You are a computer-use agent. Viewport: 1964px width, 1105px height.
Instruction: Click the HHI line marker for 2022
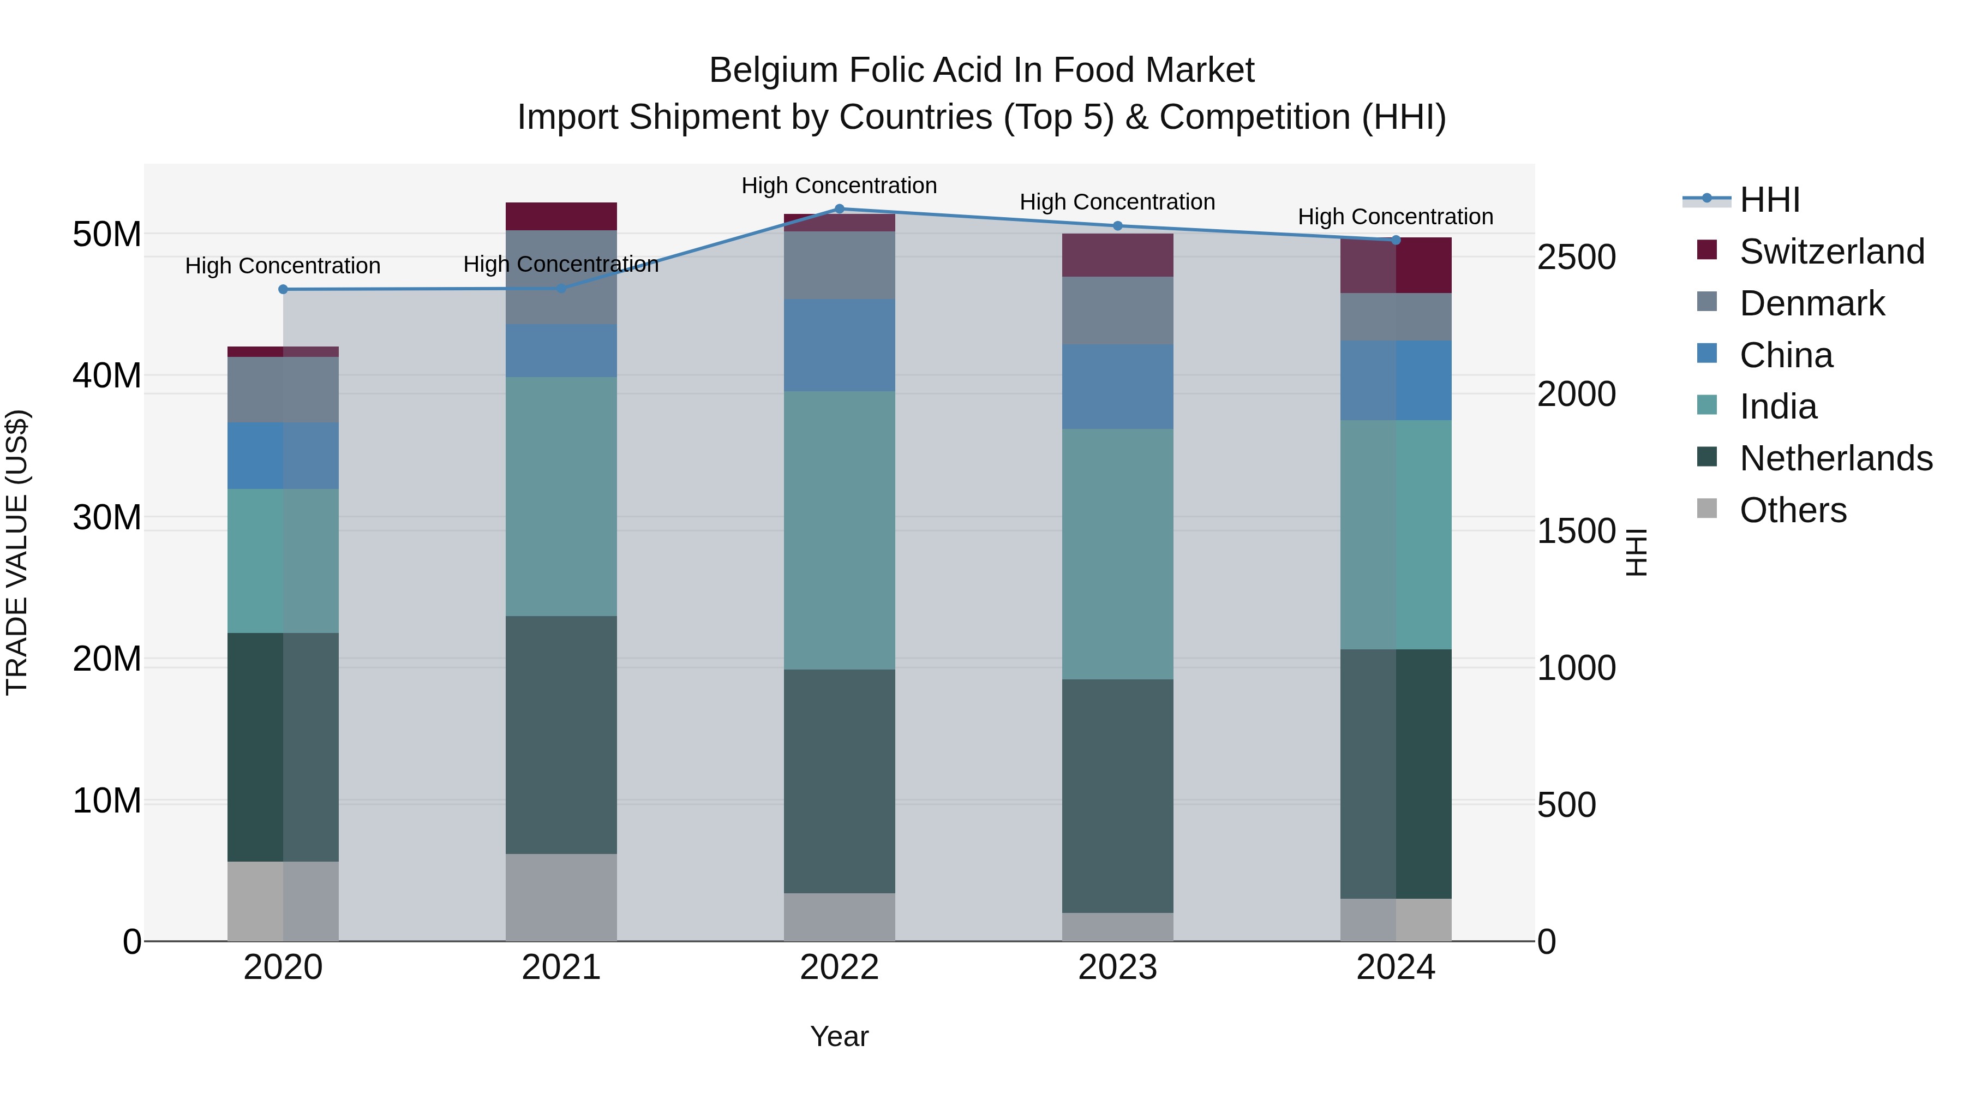(840, 208)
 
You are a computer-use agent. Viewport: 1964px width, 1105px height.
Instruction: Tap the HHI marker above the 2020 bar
(283, 289)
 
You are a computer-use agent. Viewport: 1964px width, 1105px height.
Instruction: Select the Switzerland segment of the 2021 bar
(561, 217)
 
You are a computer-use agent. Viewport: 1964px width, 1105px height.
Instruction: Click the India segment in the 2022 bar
(840, 531)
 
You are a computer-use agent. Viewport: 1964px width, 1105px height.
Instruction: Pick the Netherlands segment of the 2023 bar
(1118, 796)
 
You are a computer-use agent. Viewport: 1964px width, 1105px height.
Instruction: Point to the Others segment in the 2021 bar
(561, 898)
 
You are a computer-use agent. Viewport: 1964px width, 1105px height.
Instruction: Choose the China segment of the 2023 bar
(1118, 387)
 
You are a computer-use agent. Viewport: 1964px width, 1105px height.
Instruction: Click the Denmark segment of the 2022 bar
(840, 265)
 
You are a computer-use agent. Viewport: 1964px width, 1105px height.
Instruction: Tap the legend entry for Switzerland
(1831, 252)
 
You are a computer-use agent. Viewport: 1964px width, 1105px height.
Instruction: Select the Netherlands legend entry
(1835, 458)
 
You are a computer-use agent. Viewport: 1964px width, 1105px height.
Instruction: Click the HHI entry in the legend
(1769, 200)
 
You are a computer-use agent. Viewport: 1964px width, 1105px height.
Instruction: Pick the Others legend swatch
(1707, 509)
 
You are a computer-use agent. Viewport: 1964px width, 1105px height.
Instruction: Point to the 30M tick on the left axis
(107, 518)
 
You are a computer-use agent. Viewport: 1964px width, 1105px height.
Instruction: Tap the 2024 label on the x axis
(1396, 967)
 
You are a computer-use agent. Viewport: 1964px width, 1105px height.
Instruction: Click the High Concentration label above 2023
(1118, 202)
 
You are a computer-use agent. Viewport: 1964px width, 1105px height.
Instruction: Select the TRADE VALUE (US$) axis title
(17, 553)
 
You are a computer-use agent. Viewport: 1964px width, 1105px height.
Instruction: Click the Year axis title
(840, 1036)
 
